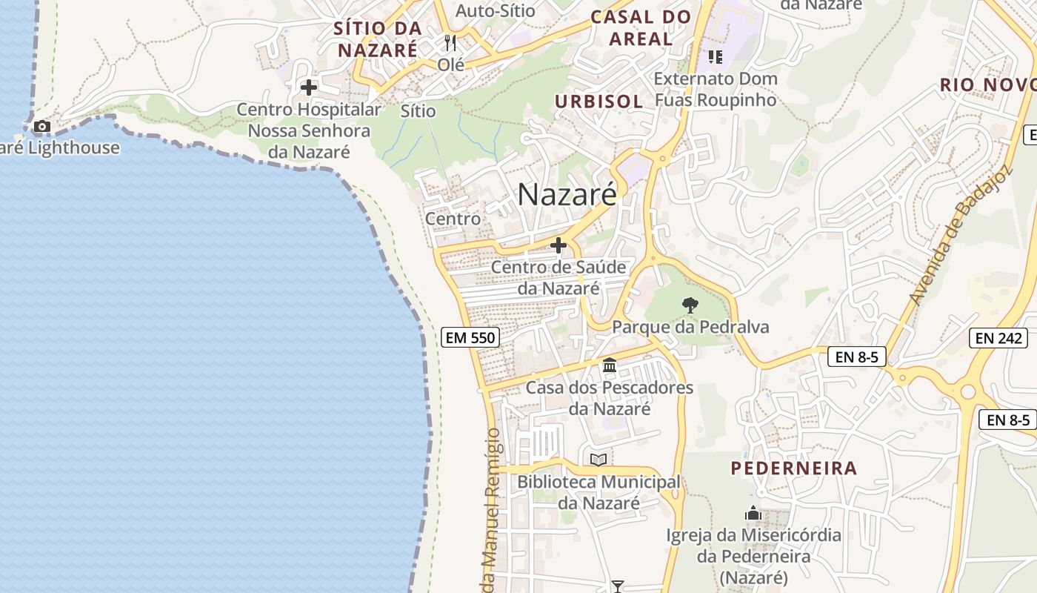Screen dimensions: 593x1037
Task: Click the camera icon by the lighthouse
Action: pos(42,127)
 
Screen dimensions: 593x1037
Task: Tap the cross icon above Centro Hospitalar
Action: pos(309,87)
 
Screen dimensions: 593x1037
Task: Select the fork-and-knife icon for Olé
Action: pos(450,42)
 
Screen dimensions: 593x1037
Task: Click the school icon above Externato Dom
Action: pos(715,56)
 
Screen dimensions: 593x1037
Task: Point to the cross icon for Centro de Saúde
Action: pos(558,245)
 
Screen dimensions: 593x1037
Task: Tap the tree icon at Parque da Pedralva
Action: pos(690,304)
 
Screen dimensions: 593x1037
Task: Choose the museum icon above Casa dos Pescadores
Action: pos(610,365)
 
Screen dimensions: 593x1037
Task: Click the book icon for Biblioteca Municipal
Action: pos(598,460)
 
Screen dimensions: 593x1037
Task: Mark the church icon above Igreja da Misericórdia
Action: pos(753,512)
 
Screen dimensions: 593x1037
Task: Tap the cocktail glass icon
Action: pos(617,586)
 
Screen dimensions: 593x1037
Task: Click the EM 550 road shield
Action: pos(470,338)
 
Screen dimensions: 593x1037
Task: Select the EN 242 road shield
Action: pos(998,338)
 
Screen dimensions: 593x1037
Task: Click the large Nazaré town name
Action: pos(567,194)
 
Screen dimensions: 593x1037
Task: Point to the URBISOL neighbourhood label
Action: pos(599,101)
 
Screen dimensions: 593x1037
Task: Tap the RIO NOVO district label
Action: pos(988,85)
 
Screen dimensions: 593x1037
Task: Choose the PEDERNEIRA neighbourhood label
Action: pos(794,468)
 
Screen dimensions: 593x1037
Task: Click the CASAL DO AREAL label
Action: pos(641,27)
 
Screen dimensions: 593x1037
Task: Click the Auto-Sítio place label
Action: pos(496,10)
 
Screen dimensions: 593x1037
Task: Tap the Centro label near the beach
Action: pos(453,219)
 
